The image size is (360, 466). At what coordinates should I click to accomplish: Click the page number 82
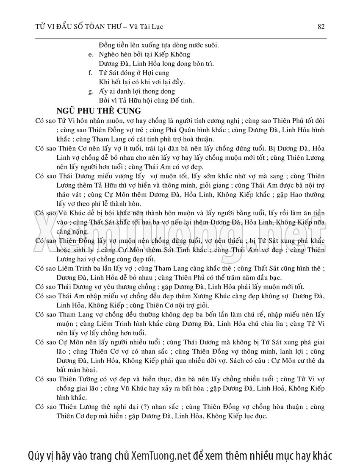click(321, 27)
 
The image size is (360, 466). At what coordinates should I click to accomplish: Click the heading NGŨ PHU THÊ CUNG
click(102, 111)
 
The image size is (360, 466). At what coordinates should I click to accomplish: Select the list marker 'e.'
click(90, 55)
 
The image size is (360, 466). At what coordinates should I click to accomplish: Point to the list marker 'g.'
click(90, 92)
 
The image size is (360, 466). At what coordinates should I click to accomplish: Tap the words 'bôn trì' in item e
click(201, 64)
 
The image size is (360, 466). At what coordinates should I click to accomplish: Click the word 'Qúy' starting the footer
click(36, 455)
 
